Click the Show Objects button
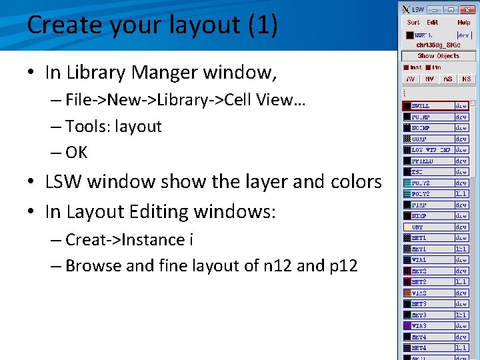tap(438, 56)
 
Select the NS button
tap(466, 79)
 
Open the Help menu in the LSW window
tap(463, 23)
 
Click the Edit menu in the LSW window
tap(433, 23)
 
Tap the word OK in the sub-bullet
tap(77, 153)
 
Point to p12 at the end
tap(343, 266)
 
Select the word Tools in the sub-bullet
tap(85, 127)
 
